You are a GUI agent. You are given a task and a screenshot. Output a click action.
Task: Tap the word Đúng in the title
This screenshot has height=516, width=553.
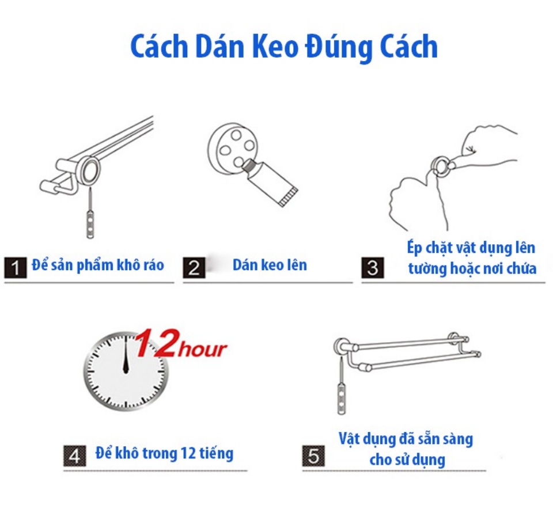click(339, 48)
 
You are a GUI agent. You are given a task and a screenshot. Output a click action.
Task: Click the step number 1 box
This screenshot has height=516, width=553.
click(16, 268)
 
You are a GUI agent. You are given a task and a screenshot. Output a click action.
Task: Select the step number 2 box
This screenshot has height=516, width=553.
click(194, 268)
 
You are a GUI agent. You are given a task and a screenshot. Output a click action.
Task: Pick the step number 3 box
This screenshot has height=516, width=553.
click(373, 268)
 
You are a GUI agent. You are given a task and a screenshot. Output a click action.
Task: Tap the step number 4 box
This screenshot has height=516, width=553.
click(75, 456)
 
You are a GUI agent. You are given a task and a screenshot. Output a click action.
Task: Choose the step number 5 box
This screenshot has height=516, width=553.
click(313, 456)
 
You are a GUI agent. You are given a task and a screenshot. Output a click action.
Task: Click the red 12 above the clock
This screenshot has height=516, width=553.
click(157, 343)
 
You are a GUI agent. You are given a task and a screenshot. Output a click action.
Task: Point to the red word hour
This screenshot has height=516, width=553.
click(202, 349)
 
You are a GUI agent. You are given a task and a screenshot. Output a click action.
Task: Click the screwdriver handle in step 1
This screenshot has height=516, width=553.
click(90, 225)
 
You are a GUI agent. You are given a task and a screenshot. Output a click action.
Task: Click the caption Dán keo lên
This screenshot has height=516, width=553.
click(270, 265)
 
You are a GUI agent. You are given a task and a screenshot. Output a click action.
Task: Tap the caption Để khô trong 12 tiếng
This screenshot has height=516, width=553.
click(164, 453)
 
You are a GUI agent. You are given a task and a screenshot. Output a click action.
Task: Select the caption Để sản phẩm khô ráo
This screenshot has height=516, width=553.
click(98, 265)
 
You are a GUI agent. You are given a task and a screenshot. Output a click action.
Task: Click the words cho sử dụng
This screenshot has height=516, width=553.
click(407, 460)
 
